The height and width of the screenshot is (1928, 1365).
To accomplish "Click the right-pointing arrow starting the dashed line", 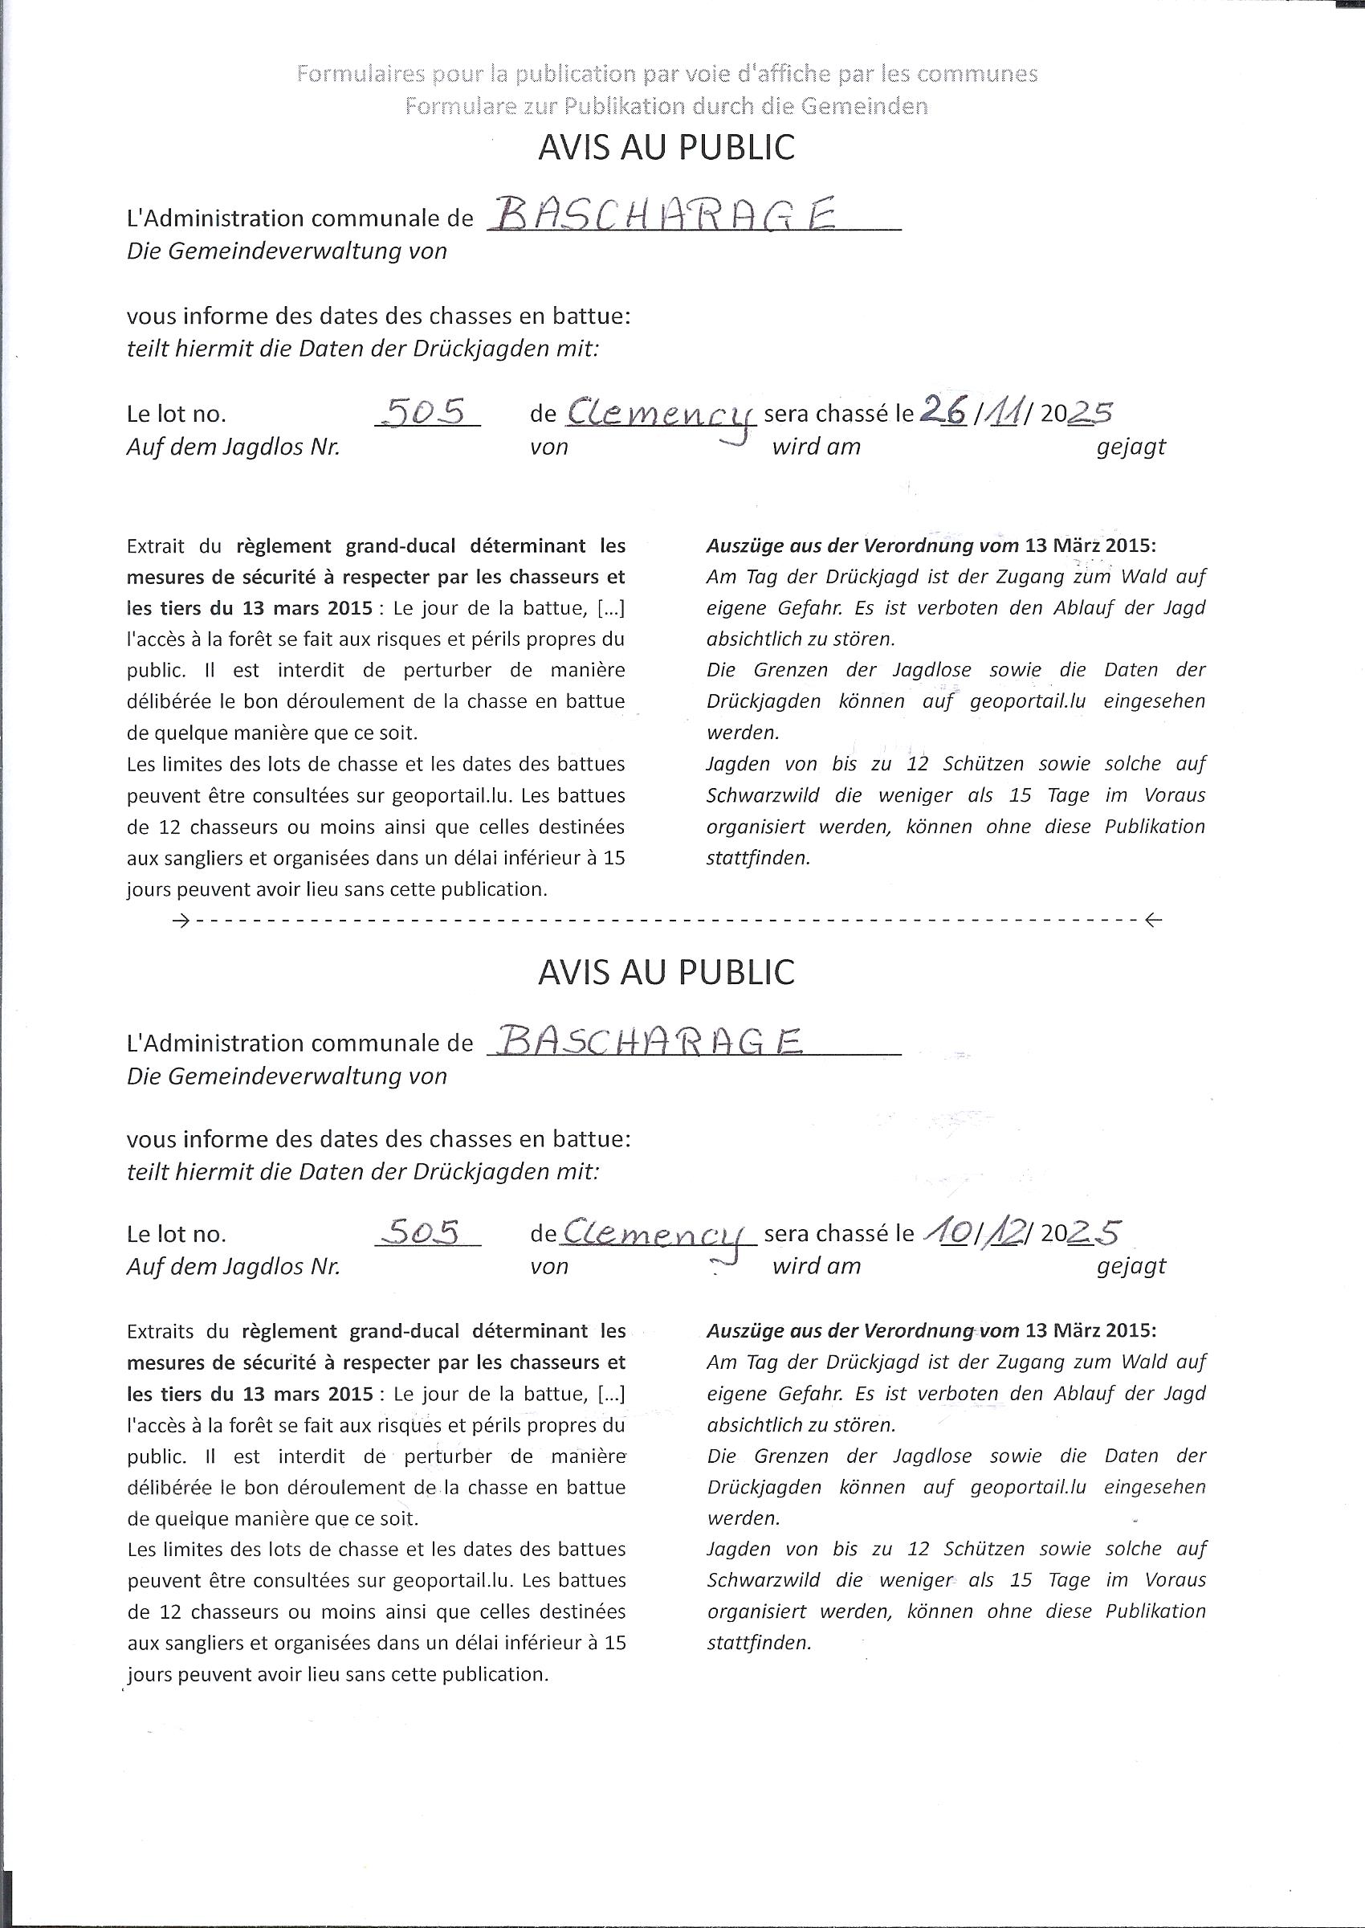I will point(179,921).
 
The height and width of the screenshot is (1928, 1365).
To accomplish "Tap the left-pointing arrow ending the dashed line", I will point(1153,921).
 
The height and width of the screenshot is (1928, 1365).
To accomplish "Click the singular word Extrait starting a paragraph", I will point(157,546).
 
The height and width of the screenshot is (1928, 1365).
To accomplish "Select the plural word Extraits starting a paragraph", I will point(160,1331).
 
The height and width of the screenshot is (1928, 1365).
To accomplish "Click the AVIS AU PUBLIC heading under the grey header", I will point(666,148).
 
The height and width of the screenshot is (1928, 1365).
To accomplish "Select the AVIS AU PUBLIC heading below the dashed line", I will point(666,972).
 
